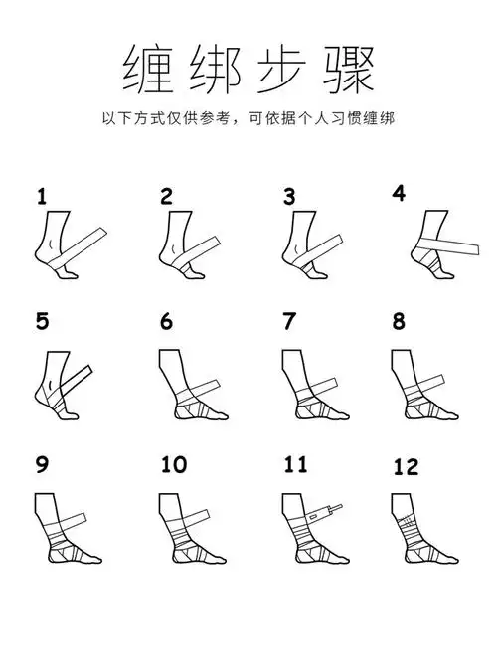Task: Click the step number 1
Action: [42, 196]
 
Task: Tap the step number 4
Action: [400, 193]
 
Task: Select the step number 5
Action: [42, 321]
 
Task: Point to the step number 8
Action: [400, 321]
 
